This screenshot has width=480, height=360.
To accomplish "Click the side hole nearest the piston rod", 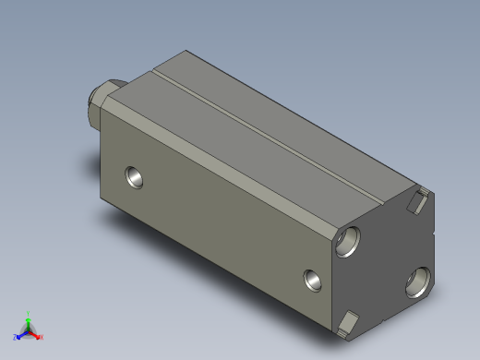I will click(136, 175).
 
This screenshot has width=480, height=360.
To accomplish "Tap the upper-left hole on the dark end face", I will click(350, 240).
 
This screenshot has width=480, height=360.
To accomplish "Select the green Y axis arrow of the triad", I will click(29, 319).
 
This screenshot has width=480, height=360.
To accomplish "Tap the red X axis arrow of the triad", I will click(36, 334).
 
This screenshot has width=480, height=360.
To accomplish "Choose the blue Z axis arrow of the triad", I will click(20, 334).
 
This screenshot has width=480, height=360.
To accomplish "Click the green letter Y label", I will click(30, 313).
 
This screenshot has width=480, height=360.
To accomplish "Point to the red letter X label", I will click(42, 337).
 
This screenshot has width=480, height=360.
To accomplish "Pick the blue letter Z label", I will click(15, 337).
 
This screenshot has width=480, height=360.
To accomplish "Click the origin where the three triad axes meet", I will click(29, 330).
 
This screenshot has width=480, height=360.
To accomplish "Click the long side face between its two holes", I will click(222, 226).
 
